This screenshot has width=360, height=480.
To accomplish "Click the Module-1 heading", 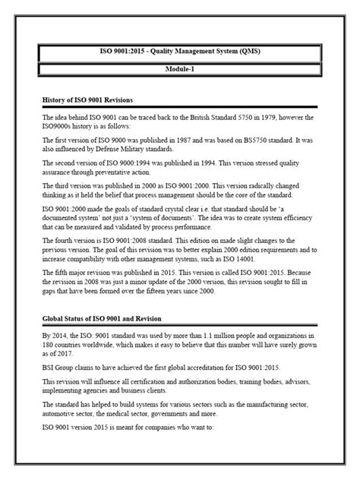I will pyautogui.click(x=179, y=69).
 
